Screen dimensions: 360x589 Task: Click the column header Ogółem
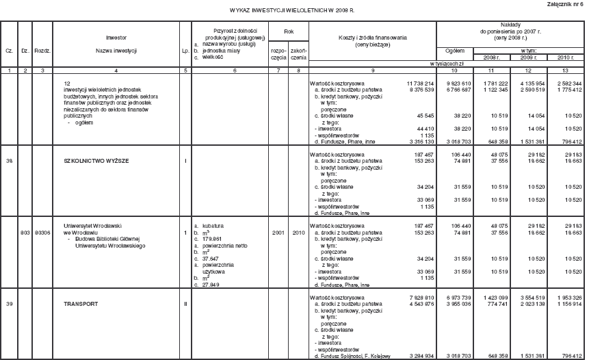tap(455, 51)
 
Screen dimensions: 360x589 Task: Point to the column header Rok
tap(288, 32)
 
